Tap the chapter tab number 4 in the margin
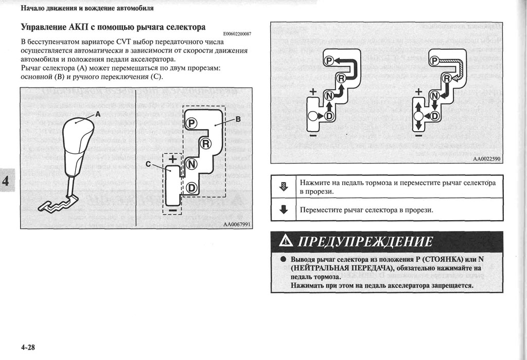6,182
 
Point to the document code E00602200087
237,34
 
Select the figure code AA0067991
238,224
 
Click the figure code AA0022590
487,159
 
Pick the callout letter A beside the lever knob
98,115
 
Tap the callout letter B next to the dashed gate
238,119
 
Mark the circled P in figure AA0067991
191,123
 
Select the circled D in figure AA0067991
191,188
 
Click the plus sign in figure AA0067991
172,159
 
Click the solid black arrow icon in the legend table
283,210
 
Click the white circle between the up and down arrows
418,116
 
